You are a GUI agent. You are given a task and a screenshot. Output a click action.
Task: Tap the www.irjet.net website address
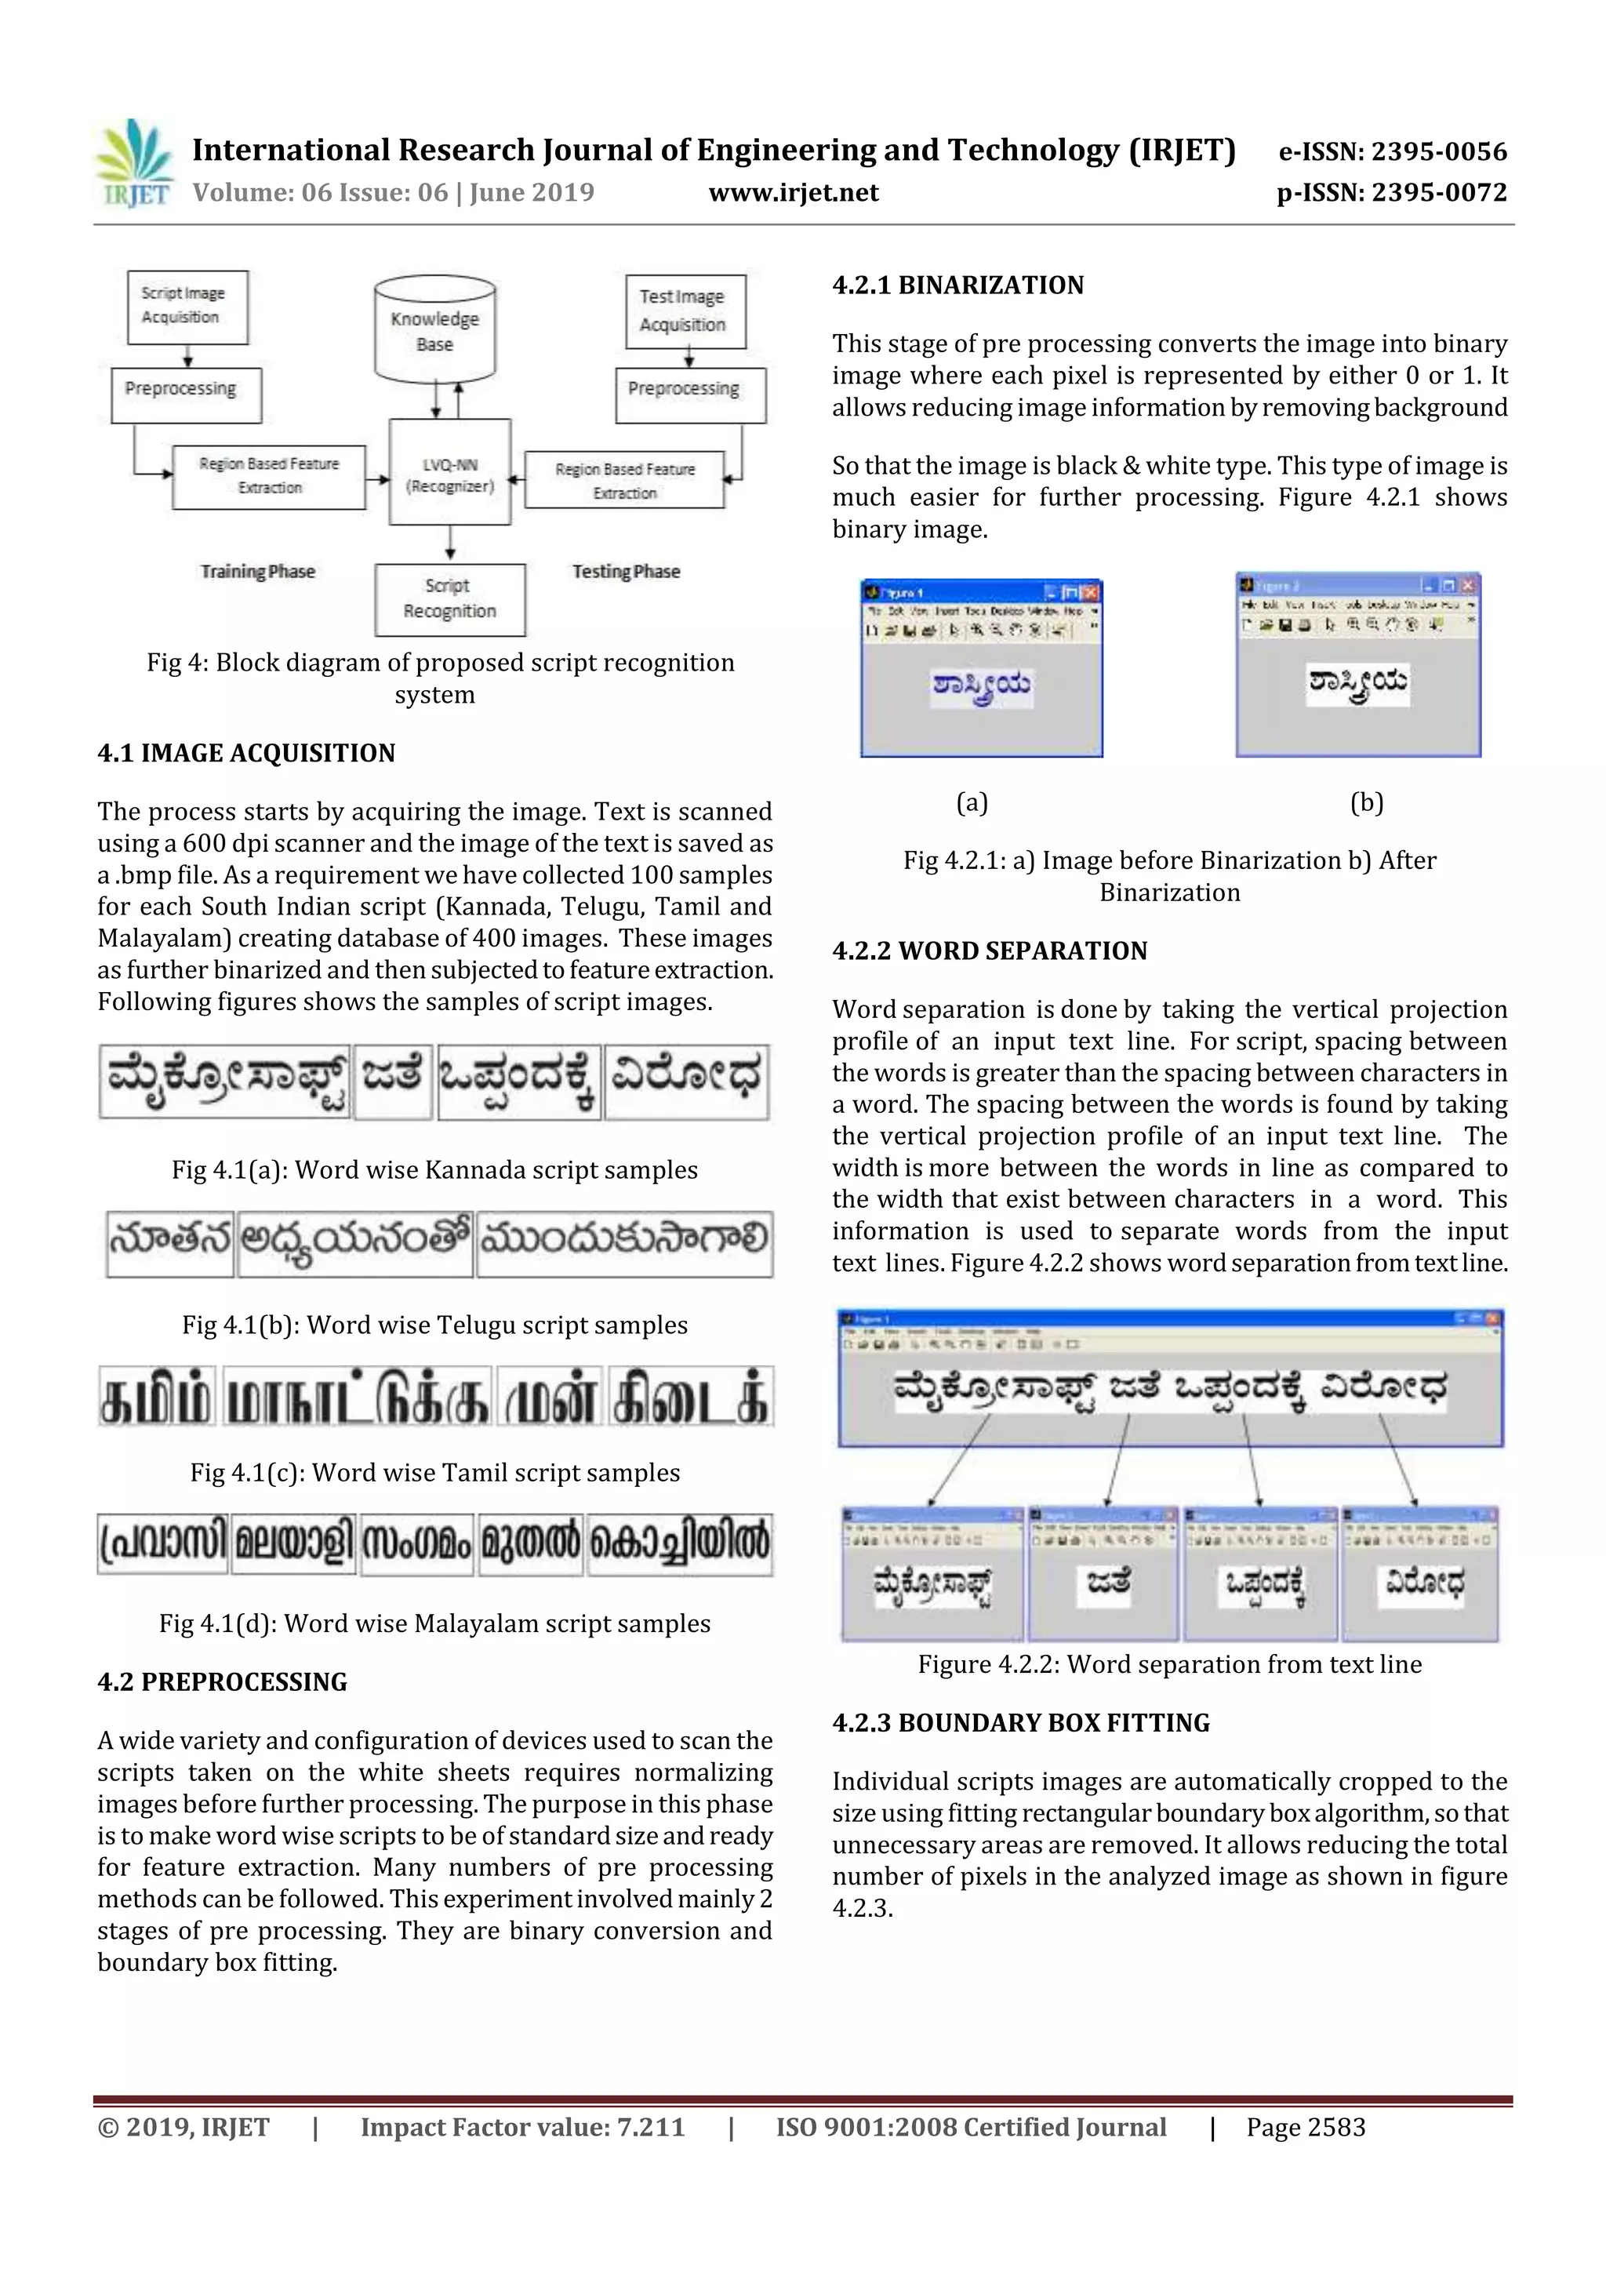pos(794,192)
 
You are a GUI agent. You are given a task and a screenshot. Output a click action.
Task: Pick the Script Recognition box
pos(449,598)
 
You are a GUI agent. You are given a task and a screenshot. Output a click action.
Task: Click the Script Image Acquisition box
pos(187,306)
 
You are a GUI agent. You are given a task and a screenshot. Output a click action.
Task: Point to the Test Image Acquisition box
pos(684,311)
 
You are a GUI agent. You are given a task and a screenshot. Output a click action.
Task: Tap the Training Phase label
pos(257,571)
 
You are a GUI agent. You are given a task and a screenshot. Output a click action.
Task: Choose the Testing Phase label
pos(625,571)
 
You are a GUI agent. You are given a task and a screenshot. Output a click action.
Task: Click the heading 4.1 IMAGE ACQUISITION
pos(245,753)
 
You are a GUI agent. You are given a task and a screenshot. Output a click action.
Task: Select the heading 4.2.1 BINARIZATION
pos(957,286)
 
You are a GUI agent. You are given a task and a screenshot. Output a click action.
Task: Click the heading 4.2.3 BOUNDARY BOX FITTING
pos(1020,1723)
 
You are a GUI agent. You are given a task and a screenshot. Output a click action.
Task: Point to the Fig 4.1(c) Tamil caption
pos(434,1472)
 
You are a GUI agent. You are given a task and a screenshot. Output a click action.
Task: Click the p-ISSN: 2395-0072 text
pos(1390,192)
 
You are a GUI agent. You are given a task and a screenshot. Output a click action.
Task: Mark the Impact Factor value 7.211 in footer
pos(522,2128)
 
